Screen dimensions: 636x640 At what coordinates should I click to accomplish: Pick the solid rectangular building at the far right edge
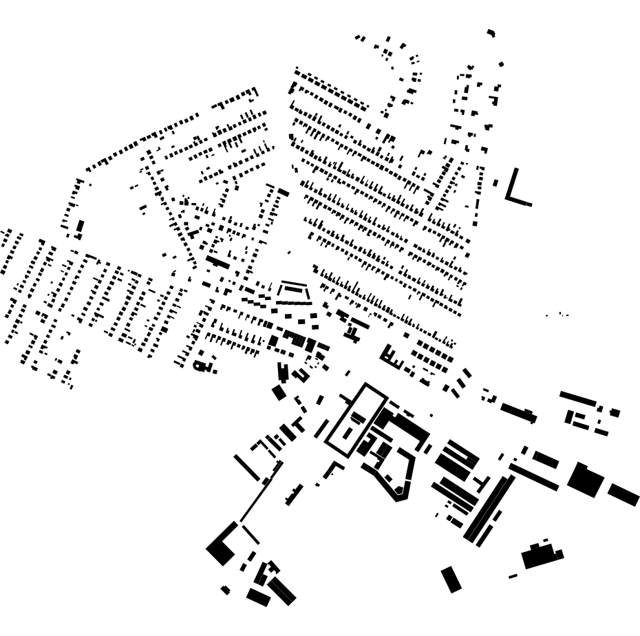point(623,494)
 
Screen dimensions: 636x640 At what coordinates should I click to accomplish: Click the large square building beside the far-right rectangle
point(586,480)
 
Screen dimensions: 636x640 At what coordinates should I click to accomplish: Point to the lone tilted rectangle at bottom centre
point(451,579)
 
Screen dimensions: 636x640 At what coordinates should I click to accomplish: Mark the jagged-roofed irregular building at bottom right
point(542,555)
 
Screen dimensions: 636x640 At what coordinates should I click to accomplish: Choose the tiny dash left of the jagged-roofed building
point(513,576)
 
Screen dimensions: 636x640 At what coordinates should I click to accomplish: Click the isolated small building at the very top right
point(491,32)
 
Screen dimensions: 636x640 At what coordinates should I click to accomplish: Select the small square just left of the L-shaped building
point(495,183)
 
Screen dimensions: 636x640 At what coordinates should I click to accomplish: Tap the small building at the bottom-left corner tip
point(225,590)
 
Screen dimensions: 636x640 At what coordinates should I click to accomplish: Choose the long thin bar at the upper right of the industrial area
point(578,398)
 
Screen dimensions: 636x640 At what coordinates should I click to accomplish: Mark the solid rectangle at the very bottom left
point(258,597)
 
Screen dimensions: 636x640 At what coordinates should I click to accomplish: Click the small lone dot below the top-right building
point(501,64)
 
